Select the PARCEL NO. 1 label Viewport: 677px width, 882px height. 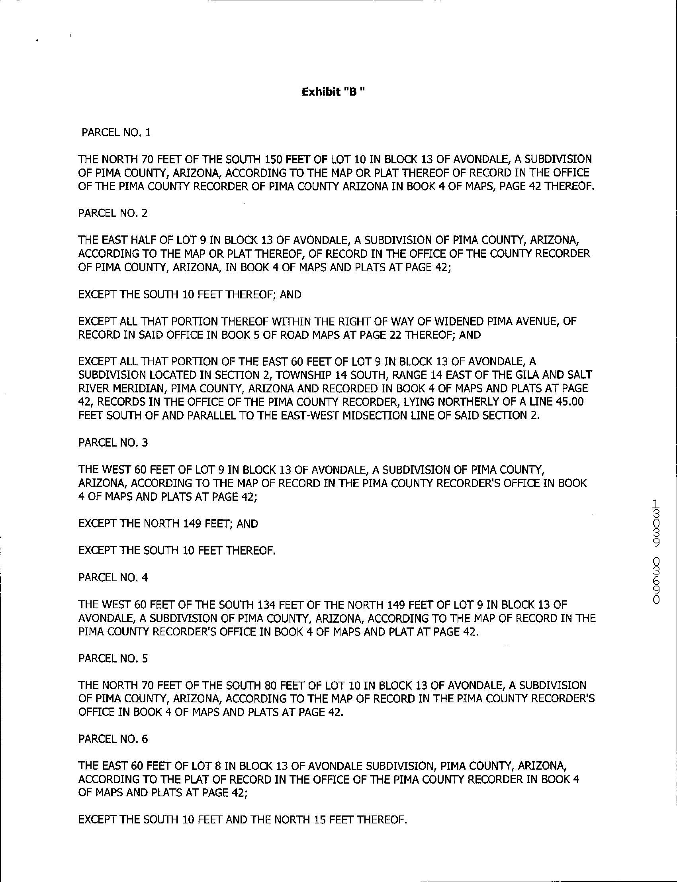[116, 133]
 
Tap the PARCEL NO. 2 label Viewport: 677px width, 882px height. [113, 213]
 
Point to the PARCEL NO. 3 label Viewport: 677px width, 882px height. [113, 443]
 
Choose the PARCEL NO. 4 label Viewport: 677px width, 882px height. [113, 578]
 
